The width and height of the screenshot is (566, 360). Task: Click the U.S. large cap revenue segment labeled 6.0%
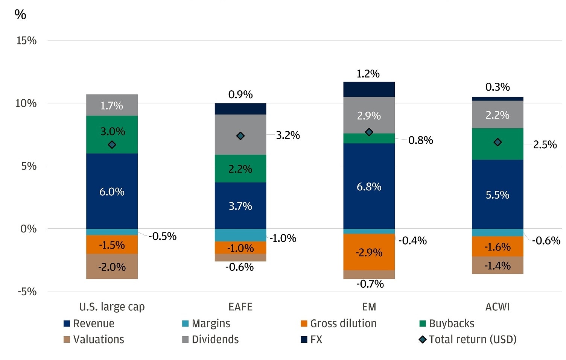click(x=112, y=191)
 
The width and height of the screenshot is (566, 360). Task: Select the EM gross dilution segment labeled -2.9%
click(x=369, y=252)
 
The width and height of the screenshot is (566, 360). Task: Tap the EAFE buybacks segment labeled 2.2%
click(x=240, y=169)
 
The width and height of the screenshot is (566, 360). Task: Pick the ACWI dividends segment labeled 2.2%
click(x=497, y=115)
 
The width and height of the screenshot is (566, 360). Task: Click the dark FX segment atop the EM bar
click(x=369, y=89)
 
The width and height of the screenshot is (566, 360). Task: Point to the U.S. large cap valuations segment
click(x=112, y=267)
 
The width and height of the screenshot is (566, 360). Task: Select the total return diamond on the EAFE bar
click(x=240, y=136)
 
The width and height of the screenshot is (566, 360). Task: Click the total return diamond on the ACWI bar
click(x=498, y=142)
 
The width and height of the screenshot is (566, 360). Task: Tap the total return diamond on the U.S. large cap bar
click(x=112, y=145)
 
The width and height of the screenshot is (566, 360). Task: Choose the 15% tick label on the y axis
click(x=26, y=41)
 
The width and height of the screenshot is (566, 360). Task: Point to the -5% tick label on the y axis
click(x=27, y=292)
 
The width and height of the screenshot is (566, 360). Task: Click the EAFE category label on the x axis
click(x=240, y=307)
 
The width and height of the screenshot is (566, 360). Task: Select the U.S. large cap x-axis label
click(x=112, y=307)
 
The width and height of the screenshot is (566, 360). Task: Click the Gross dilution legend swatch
click(x=304, y=324)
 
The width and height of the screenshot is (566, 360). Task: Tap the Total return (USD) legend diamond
click(x=423, y=340)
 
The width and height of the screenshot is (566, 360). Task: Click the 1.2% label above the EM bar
click(x=368, y=74)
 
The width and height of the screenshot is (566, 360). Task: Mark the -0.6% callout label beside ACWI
click(x=546, y=241)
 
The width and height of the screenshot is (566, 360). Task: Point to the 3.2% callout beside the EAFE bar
click(x=288, y=135)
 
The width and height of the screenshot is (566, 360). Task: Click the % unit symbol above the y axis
click(x=20, y=15)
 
